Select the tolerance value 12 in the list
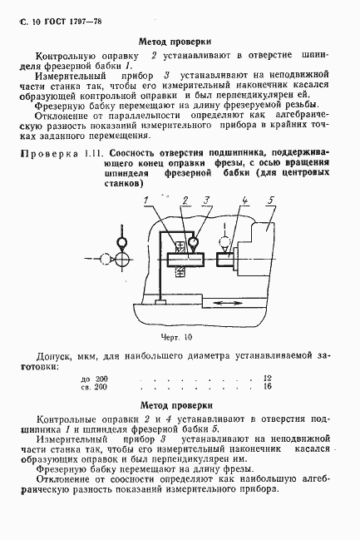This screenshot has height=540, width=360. [266, 378]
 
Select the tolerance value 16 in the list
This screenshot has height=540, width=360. [266, 387]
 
